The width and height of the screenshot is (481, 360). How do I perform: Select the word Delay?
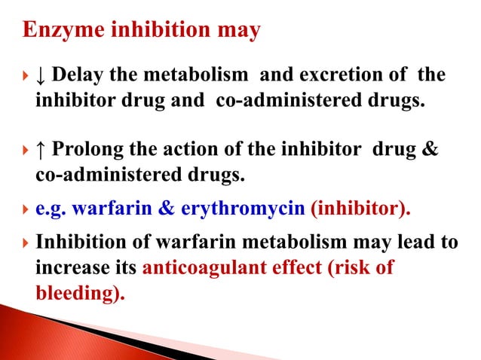[x=78, y=76]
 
